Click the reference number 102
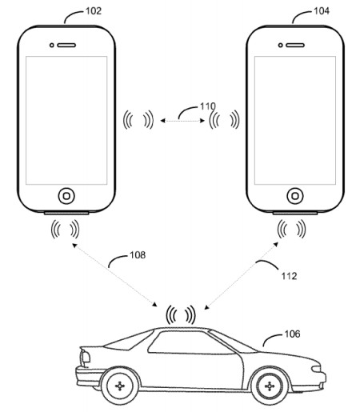pyautogui.click(x=94, y=11)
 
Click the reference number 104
pyautogui.click(x=322, y=11)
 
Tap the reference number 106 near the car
pyautogui.click(x=292, y=334)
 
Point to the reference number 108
pyautogui.click(x=138, y=255)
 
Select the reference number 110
pyautogui.click(x=208, y=106)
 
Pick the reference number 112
pyautogui.click(x=289, y=276)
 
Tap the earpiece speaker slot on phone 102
pyautogui.click(x=66, y=46)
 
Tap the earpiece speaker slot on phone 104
pyautogui.click(x=295, y=46)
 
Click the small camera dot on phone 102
pyautogui.click(x=52, y=46)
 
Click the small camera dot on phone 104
pyautogui.click(x=280, y=46)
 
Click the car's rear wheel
pyautogui.click(x=120, y=386)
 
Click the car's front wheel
pyautogui.click(x=270, y=386)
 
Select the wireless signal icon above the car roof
pyautogui.click(x=181, y=315)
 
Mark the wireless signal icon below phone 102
pyautogui.click(x=65, y=229)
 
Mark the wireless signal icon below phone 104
pyautogui.click(x=291, y=229)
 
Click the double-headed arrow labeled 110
pyautogui.click(x=182, y=121)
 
